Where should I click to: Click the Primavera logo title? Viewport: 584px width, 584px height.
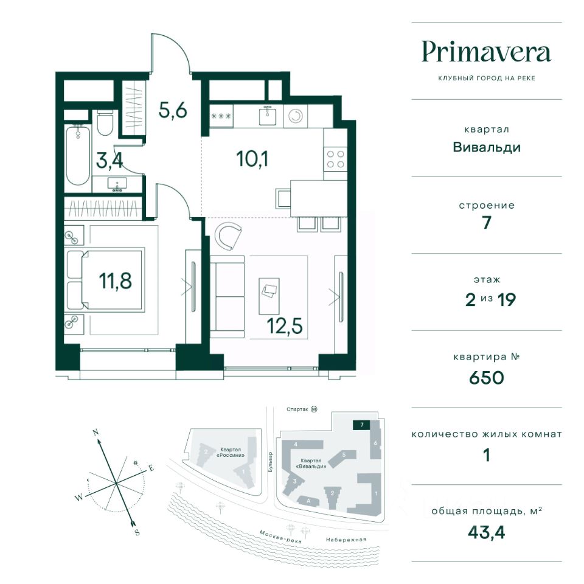pos(486,52)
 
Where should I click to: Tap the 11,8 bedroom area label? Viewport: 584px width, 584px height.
pos(116,280)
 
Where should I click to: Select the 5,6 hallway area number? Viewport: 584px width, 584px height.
pos(172,110)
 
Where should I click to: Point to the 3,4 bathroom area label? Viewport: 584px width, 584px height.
pos(109,161)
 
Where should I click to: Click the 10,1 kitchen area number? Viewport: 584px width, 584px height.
pos(252,159)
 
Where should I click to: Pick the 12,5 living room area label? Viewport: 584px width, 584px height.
pos(285,326)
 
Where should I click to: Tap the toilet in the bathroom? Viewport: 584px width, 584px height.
pos(105,123)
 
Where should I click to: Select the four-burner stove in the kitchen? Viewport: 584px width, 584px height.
pos(335,159)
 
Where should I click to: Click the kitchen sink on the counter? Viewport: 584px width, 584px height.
pos(268,115)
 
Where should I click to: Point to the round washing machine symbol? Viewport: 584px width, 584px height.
pos(296,116)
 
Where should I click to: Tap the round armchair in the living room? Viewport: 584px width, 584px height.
pos(228,236)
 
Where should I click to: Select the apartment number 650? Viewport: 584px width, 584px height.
pos(487,378)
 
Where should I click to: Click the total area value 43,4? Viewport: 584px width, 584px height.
pos(487,533)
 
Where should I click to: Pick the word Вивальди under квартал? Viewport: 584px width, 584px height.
pos(487,147)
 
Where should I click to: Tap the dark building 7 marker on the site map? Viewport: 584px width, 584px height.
pos(361,425)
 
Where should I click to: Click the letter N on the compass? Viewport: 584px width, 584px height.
pos(96,433)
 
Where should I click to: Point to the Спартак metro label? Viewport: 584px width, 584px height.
pos(297,409)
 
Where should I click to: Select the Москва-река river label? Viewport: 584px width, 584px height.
pos(280,537)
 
